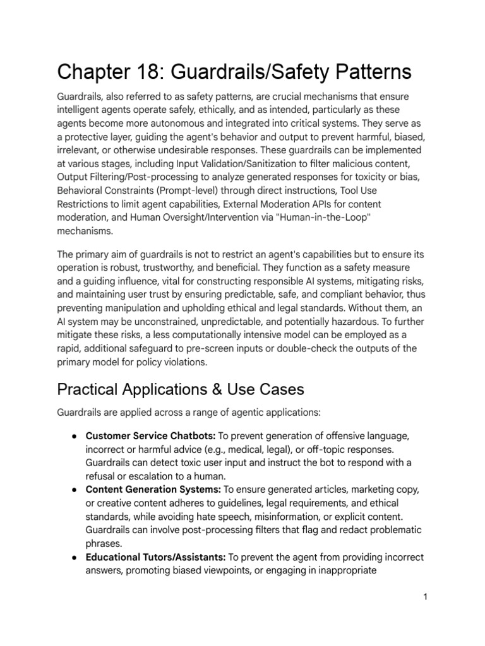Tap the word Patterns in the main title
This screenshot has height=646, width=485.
(x=362, y=72)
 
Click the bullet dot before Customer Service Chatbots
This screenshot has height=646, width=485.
(x=75, y=437)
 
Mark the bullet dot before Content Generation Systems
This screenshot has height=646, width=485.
(x=75, y=490)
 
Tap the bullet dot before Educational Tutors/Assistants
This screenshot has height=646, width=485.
(x=75, y=558)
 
